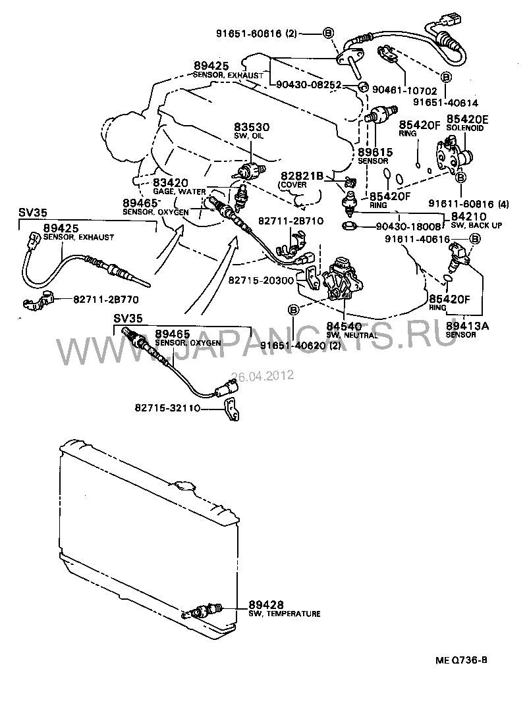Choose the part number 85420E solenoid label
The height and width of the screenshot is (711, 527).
click(467, 118)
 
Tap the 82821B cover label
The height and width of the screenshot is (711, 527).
click(302, 176)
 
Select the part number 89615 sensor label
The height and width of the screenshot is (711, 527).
click(375, 152)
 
